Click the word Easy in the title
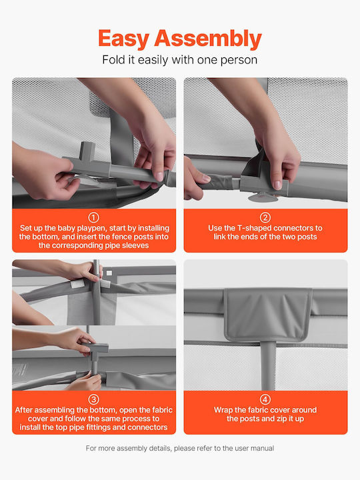coord(124,39)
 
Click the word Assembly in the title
coord(208,39)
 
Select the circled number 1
coord(94,217)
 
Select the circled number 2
coord(265,217)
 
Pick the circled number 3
coord(94,399)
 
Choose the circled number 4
coord(265,399)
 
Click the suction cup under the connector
coord(263,197)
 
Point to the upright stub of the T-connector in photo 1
coord(87,151)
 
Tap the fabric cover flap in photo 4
coord(268,315)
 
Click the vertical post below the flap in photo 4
coord(268,366)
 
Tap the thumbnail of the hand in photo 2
coord(277,185)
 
